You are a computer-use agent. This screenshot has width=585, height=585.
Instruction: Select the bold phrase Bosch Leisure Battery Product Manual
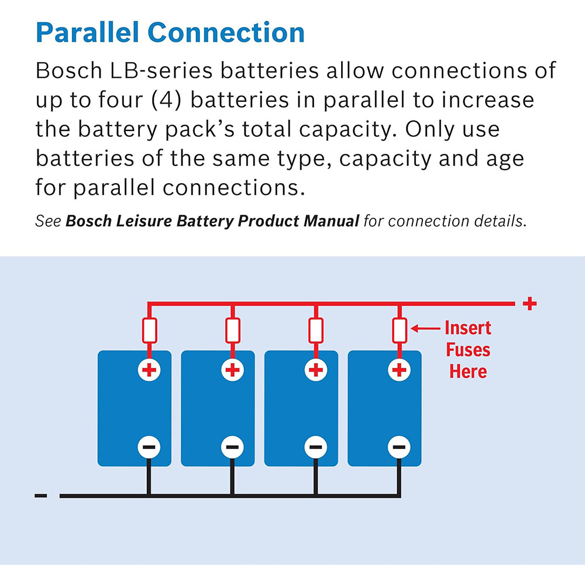(212, 221)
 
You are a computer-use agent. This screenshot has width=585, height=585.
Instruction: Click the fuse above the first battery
(149, 331)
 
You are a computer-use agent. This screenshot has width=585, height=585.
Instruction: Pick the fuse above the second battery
(232, 331)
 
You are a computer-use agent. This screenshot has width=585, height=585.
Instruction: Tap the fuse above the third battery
(316, 331)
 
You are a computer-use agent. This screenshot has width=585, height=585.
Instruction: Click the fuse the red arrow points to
(400, 331)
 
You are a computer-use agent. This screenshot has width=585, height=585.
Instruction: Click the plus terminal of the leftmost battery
(149, 370)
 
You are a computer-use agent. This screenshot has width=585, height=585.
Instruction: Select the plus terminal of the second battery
(232, 370)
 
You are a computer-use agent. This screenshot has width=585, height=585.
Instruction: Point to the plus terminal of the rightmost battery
(400, 370)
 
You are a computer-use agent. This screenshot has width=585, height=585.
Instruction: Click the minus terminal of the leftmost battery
(149, 448)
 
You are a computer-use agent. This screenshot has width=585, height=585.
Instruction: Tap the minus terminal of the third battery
(316, 448)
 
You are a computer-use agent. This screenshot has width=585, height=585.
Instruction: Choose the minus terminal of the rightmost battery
(400, 448)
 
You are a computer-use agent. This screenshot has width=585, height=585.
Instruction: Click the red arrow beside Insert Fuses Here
(425, 329)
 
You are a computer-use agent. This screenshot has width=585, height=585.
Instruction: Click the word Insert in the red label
(468, 328)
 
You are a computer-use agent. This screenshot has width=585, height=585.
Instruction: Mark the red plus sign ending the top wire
(529, 304)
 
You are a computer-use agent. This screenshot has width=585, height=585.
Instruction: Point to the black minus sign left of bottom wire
(41, 496)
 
